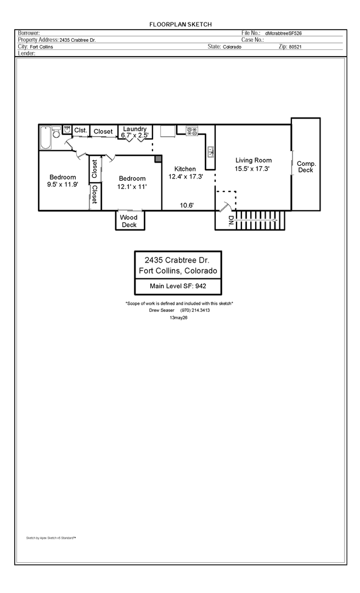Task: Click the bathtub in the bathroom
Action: [46, 138]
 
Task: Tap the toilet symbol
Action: [57, 132]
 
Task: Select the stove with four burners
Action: [192, 131]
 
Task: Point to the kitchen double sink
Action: [211, 152]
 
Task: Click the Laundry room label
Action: [134, 129]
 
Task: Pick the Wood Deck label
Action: [129, 221]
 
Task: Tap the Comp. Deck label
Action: [306, 167]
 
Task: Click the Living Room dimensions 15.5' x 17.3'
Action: [252, 169]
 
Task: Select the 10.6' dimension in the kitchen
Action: [187, 205]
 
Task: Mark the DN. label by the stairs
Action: [230, 221]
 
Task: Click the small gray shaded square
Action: [158, 159]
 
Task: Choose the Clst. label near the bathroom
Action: [81, 130]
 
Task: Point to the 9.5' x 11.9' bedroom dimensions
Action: [63, 184]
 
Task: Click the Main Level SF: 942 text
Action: [178, 286]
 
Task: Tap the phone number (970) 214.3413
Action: [195, 310]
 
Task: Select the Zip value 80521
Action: [295, 47]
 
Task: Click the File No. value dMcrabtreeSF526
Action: [284, 33]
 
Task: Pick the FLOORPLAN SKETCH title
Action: [181, 24]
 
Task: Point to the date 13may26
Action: [179, 318]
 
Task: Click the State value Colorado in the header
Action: [232, 47]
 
